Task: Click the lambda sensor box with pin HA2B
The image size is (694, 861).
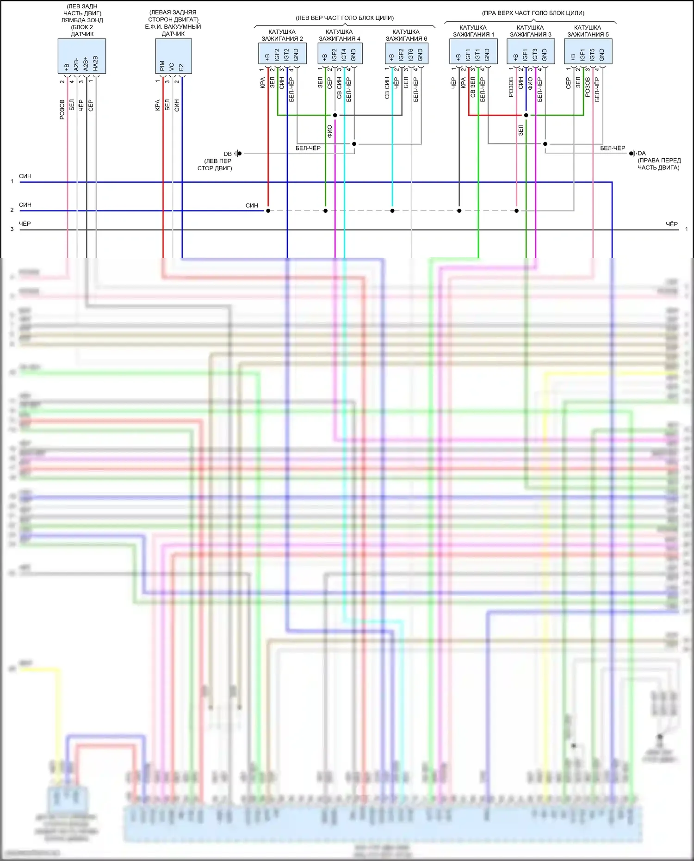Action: pos(81,56)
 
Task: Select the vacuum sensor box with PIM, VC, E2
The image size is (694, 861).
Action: pos(173,56)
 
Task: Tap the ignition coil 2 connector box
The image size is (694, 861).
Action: pos(282,54)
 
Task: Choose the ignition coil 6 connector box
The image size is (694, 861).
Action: pos(406,54)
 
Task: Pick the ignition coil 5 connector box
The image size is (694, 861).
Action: pos(588,51)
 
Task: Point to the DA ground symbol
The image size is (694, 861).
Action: pos(632,153)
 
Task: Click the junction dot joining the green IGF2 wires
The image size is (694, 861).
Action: pos(335,115)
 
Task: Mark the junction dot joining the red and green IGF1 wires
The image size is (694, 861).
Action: pos(526,115)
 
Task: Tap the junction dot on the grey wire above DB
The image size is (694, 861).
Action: pos(354,144)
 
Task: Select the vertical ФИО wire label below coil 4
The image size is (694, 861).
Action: pos(329,131)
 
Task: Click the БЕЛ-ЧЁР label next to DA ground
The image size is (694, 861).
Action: pos(612,148)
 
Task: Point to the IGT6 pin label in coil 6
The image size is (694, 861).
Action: pos(411,55)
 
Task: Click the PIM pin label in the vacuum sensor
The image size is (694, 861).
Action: pos(162,66)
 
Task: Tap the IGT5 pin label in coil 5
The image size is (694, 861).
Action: pos(592,55)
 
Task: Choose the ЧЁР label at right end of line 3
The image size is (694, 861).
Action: pos(671,224)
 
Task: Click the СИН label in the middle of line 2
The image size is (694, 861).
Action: pos(252,205)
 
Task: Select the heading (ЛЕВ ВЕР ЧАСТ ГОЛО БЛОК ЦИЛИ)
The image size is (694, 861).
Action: pos(345,18)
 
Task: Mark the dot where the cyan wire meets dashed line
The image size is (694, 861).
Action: pos(392,211)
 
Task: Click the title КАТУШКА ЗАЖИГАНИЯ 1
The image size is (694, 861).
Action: pos(473,31)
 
